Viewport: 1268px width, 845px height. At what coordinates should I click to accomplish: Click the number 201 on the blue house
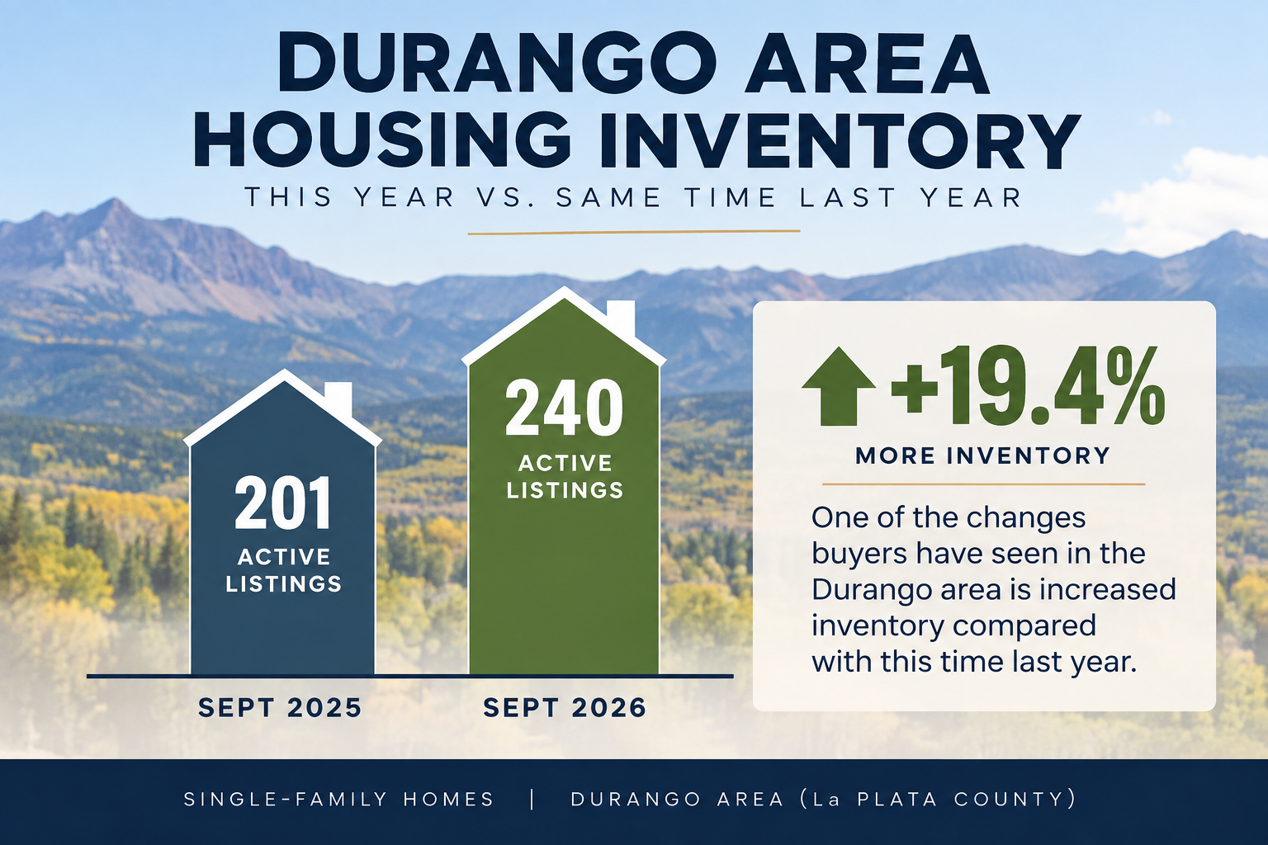tap(283, 503)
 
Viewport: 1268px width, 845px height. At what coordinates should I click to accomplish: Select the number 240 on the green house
tap(564, 408)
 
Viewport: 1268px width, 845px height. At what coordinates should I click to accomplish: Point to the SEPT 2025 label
tap(280, 708)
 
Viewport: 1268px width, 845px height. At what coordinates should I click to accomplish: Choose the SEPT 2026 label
tap(565, 708)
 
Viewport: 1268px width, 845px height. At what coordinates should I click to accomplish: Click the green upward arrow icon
tap(839, 386)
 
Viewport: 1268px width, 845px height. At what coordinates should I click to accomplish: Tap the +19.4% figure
tap(1028, 386)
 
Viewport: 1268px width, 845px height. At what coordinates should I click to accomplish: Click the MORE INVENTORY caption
tap(982, 456)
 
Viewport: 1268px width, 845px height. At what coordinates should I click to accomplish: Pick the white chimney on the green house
tap(621, 318)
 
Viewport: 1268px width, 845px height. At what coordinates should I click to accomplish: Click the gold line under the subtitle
tap(634, 232)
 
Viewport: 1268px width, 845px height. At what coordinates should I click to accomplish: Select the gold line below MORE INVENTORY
tap(984, 484)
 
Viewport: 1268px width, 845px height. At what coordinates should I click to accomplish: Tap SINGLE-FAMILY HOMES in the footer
tap(339, 799)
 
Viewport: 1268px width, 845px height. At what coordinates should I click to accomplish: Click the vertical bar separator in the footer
tap(532, 799)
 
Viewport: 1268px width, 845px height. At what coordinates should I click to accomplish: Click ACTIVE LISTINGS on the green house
tap(565, 477)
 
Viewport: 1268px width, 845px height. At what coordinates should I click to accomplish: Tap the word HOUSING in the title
tap(382, 139)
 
